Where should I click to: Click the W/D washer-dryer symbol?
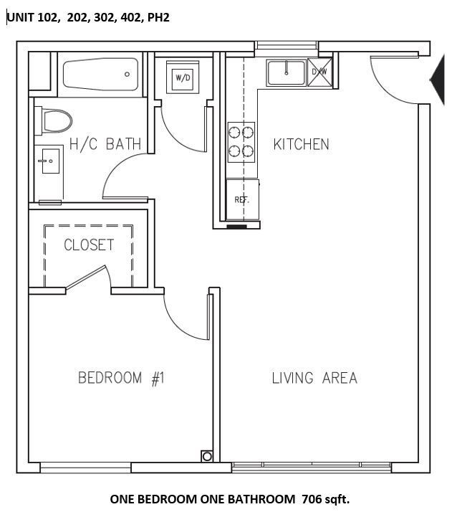[x=183, y=77]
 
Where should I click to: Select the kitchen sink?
[x=286, y=72]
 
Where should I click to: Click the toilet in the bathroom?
[x=56, y=119]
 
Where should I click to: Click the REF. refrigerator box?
[x=241, y=199]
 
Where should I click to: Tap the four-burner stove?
[x=241, y=141]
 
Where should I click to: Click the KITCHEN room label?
[x=301, y=144]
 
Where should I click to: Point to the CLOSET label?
[x=89, y=245]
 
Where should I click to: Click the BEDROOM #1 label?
[x=121, y=378]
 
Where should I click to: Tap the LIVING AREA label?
[x=314, y=378]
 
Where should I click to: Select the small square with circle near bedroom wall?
[x=207, y=455]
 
